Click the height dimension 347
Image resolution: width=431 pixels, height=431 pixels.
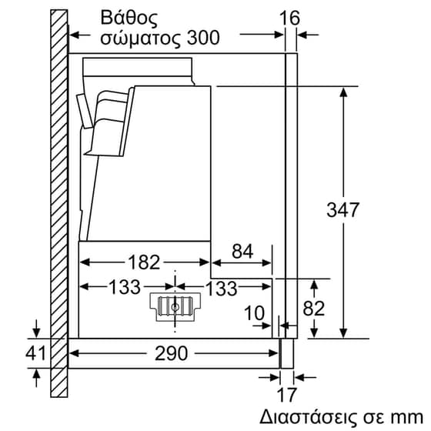tap(344, 209)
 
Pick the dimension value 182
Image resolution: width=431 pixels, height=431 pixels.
tap(144, 262)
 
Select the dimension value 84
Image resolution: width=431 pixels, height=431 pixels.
tap(242, 251)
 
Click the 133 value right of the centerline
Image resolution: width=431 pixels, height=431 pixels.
tap(220, 288)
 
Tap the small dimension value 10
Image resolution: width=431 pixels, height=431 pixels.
tap(253, 313)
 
